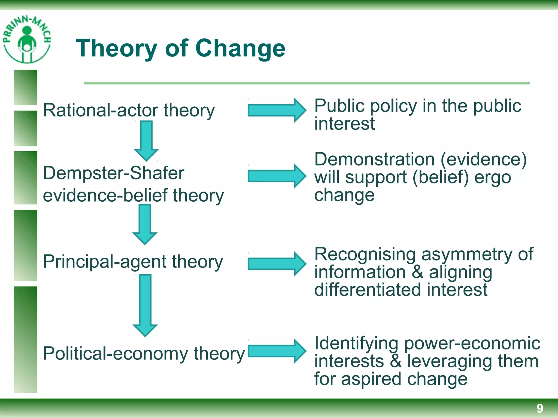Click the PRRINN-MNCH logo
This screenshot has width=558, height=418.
(27, 39)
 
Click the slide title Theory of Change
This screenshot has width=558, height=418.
(180, 48)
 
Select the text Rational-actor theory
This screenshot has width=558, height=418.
(129, 110)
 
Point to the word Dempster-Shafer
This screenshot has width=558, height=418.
(114, 173)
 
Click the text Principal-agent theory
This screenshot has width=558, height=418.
(133, 262)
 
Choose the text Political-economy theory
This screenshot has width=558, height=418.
(144, 354)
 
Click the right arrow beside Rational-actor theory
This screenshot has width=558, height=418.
(277, 110)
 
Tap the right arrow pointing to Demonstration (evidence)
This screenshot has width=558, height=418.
(277, 176)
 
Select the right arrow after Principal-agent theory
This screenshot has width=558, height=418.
(277, 264)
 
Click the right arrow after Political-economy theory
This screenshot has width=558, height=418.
(277, 351)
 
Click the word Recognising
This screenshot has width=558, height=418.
(365, 254)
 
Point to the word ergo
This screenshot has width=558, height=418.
(493, 177)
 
